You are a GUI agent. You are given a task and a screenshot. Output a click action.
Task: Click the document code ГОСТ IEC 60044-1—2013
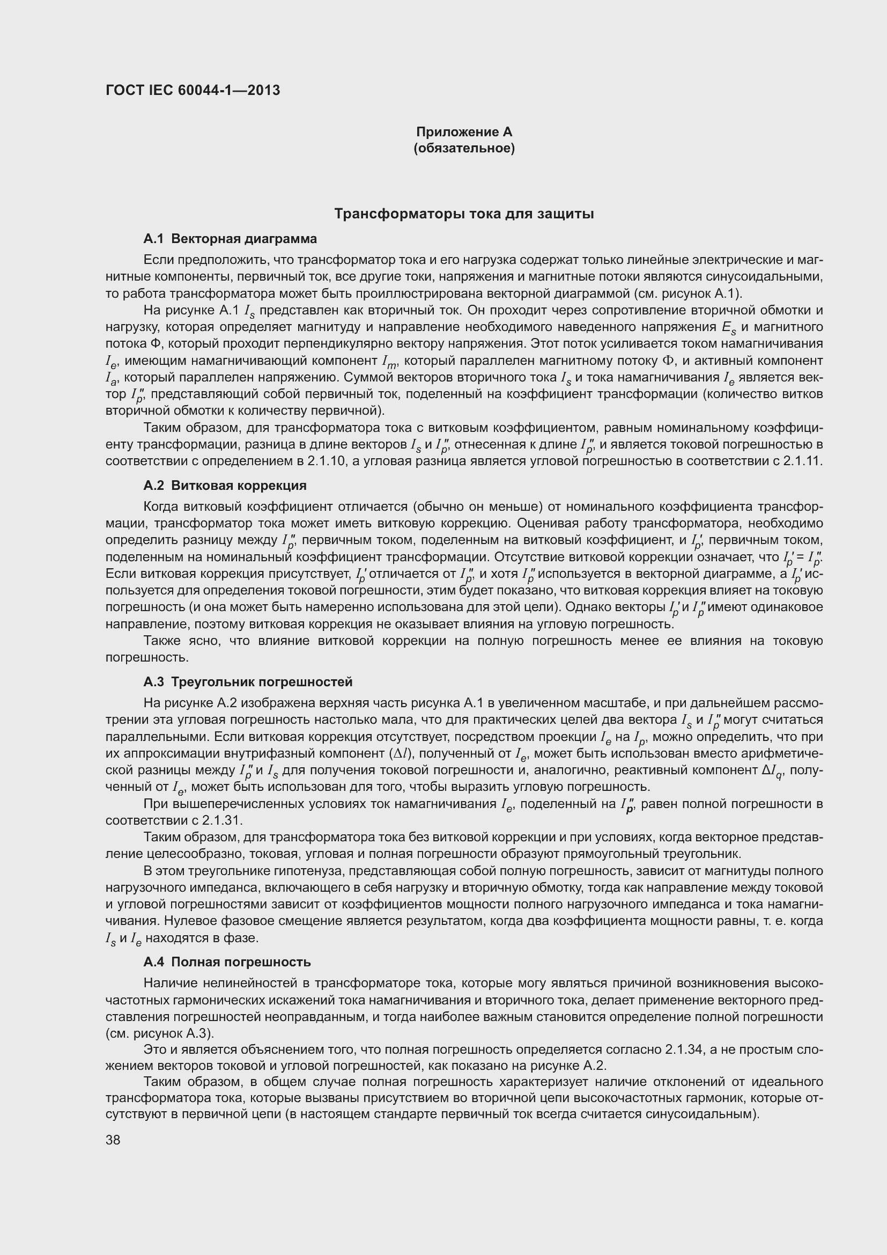pos(193,90)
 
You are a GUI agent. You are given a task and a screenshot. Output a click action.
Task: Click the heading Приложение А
pos(464,132)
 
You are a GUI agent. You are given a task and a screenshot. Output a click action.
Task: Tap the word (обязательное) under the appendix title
pos(464,148)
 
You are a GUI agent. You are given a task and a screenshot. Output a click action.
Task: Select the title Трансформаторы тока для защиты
pos(464,214)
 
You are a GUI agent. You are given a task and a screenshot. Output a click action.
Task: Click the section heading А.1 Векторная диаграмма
pos(230,239)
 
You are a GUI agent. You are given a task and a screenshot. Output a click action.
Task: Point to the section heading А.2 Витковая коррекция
pos(225,486)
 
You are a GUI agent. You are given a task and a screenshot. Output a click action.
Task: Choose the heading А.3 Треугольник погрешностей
pos(248,682)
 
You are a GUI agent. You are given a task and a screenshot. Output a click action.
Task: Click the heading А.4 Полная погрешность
pos(227,962)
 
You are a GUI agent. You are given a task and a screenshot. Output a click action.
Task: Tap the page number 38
pos(113,1140)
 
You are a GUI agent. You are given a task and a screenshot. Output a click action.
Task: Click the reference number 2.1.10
pos(327,461)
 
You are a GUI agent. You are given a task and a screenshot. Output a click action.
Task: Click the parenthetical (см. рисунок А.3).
pos(160,1033)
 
